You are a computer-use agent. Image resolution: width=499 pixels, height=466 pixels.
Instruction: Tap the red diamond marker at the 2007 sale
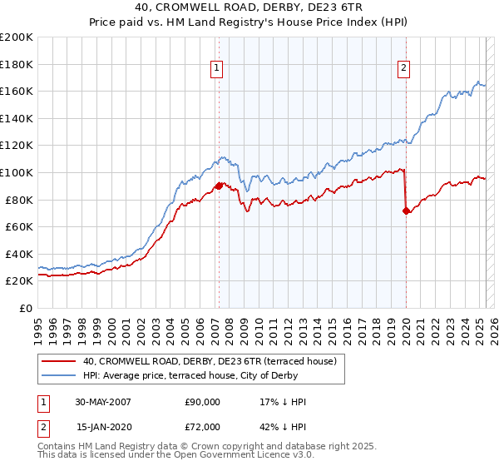[x=219, y=186]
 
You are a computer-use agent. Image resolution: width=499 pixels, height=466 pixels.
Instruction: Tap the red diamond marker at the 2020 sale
[x=407, y=211]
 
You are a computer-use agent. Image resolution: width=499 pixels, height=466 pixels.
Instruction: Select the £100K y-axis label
[x=17, y=172]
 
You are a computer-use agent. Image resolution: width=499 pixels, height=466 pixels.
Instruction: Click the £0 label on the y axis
[x=25, y=308]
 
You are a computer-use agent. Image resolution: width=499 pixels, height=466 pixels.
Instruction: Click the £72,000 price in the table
[x=203, y=427]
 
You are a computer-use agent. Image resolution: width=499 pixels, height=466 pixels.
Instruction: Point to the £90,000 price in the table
[x=203, y=402]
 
